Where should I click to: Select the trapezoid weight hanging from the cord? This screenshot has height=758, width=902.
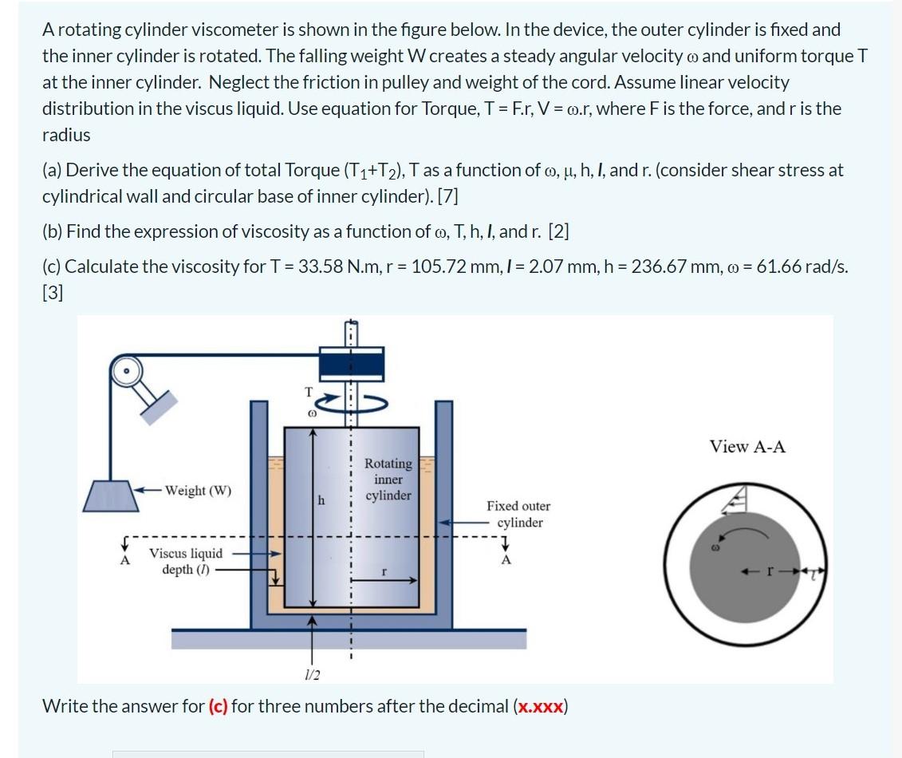107,495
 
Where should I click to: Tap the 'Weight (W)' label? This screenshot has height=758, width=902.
199,490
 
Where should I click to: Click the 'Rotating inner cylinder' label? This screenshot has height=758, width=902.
388,479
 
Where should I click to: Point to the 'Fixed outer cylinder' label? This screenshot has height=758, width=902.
518,514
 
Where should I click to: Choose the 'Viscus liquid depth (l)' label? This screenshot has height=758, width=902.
186,561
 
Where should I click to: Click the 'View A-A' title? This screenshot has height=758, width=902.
747,447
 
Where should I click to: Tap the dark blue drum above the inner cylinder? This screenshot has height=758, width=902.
350,365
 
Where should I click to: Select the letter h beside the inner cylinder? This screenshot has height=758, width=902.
321,500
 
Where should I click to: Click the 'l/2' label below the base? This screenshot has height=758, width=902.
312,675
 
